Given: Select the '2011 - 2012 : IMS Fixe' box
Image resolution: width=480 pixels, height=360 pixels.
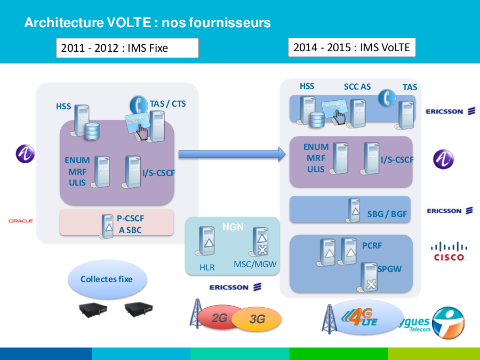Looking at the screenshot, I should click(x=127, y=48).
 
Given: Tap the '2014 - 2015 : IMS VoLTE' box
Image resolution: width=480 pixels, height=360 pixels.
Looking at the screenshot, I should click(x=351, y=47).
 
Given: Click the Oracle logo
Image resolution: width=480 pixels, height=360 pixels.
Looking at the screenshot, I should click(x=21, y=220).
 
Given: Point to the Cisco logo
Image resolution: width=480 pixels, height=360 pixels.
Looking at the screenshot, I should click(x=449, y=251).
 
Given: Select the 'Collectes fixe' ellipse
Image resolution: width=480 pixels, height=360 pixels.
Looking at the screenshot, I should click(x=107, y=279).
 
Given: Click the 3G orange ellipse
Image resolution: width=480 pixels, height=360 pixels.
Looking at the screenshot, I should click(x=258, y=319).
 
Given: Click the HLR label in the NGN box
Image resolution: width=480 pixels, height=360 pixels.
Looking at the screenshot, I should click(x=207, y=267).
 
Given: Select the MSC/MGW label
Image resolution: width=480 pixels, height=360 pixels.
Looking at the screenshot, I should click(x=255, y=264).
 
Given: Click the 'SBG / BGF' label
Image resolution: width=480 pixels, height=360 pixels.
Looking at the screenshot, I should click(x=387, y=214).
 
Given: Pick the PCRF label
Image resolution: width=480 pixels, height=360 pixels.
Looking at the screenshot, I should click(x=372, y=246).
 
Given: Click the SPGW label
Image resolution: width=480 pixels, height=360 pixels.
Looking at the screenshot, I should click(x=389, y=269).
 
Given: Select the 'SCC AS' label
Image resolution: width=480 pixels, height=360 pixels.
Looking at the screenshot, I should click(x=357, y=86).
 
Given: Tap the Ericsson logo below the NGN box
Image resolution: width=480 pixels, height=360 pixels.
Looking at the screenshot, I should click(x=235, y=287).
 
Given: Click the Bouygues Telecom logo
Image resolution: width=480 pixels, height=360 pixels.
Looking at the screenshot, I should click(x=443, y=322).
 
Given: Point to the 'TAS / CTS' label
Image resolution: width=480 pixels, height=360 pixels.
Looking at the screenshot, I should click(x=168, y=103).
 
